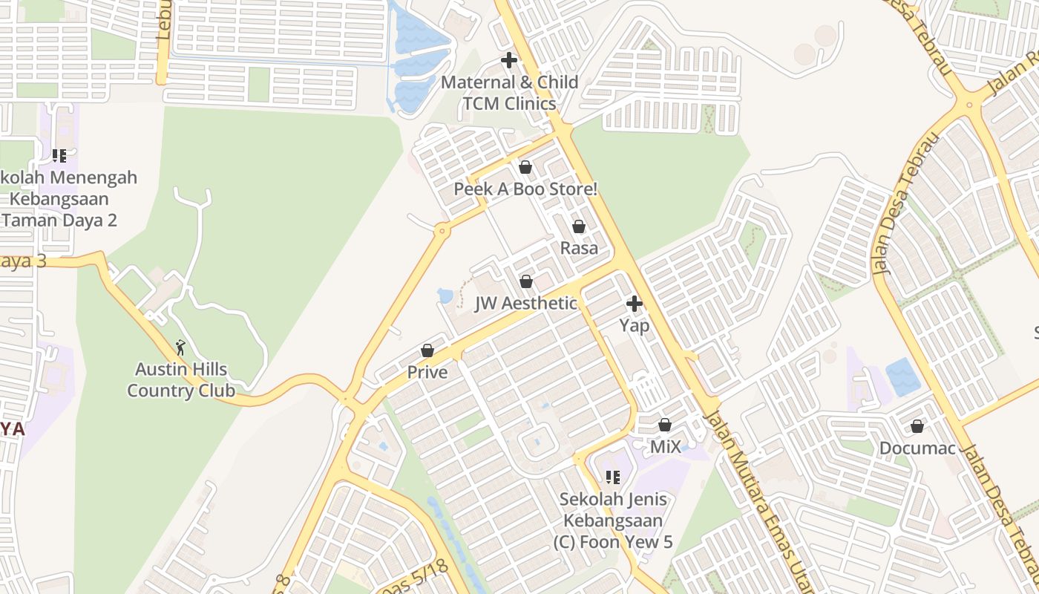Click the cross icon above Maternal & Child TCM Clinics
tap(509, 60)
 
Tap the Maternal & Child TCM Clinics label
tap(509, 93)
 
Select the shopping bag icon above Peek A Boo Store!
tap(525, 167)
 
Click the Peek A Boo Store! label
tap(525, 189)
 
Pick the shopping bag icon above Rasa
tap(579, 226)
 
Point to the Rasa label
tap(579, 248)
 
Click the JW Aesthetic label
tap(526, 303)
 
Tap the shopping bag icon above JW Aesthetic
tap(526, 281)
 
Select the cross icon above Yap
tap(635, 303)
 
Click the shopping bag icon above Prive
tap(427, 350)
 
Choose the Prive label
tap(427, 372)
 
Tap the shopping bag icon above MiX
tap(665, 425)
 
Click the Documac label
tap(917, 448)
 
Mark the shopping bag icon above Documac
tap(917, 426)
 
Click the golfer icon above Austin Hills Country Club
tap(180, 347)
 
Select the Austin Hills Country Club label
tap(181, 380)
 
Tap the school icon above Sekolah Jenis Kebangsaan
tap(612, 477)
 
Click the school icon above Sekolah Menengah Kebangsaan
tap(59, 156)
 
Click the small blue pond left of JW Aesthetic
tap(445, 296)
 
